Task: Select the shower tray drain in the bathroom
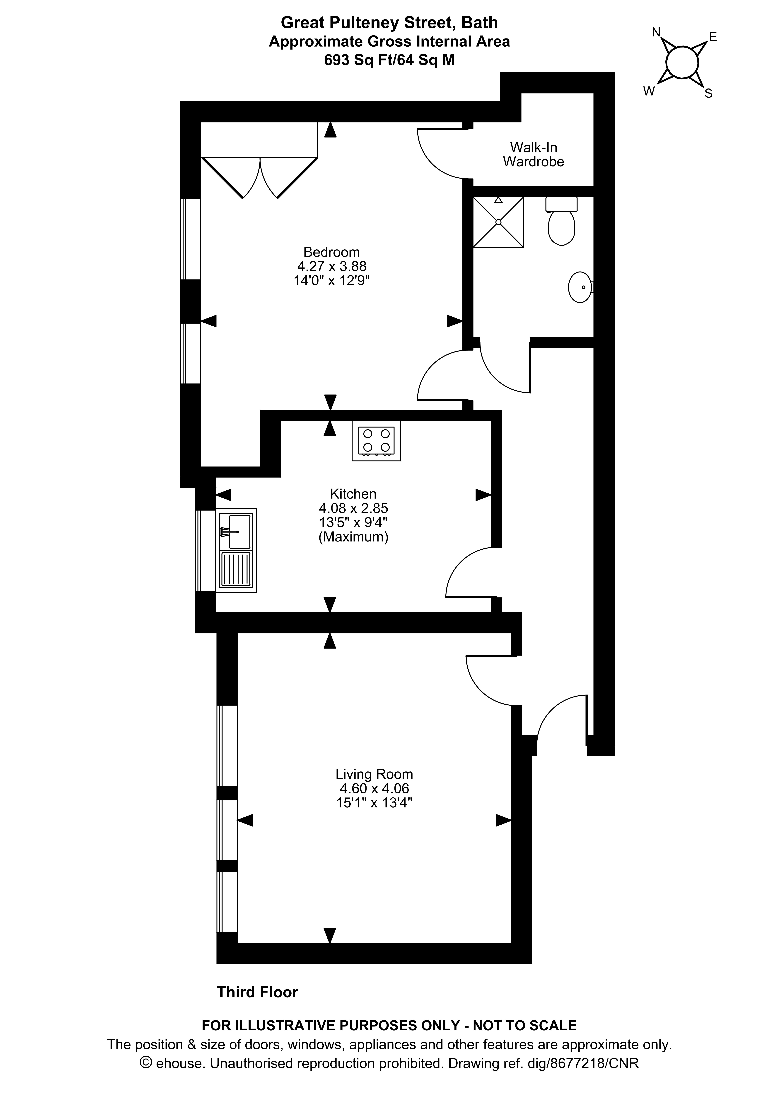coord(498,222)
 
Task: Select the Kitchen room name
coord(353,494)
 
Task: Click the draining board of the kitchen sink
coord(236,570)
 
